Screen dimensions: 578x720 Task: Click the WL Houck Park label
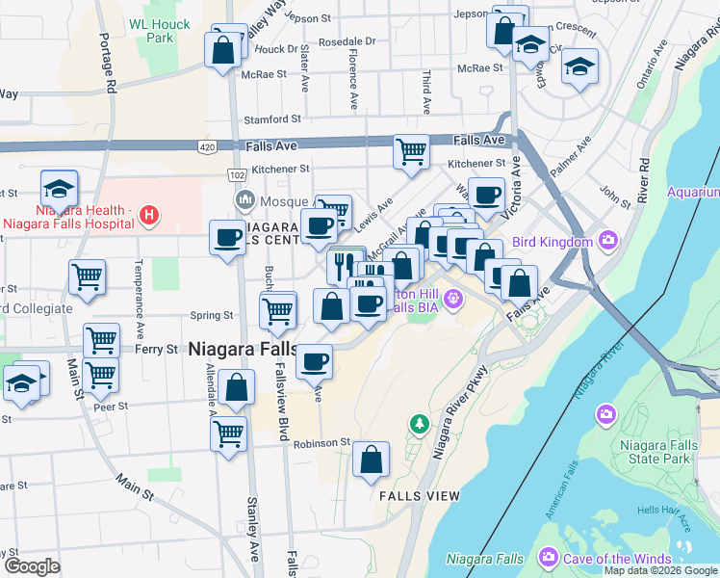(x=154, y=30)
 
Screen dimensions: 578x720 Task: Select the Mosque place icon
(x=244, y=200)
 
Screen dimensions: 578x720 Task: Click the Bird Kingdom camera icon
(x=607, y=240)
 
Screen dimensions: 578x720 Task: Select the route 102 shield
(x=237, y=174)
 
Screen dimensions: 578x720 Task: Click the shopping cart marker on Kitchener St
(x=411, y=152)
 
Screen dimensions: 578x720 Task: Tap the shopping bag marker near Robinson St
(x=371, y=460)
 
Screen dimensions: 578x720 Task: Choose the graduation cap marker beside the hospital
(x=59, y=189)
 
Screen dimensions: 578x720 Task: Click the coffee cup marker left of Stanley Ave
(x=228, y=237)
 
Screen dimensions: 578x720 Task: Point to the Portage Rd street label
(x=108, y=63)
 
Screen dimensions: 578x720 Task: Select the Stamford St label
(x=272, y=119)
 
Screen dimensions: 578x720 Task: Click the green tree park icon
(x=419, y=423)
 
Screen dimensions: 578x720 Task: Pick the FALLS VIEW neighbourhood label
(x=420, y=495)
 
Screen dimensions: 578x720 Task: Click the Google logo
(x=31, y=566)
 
